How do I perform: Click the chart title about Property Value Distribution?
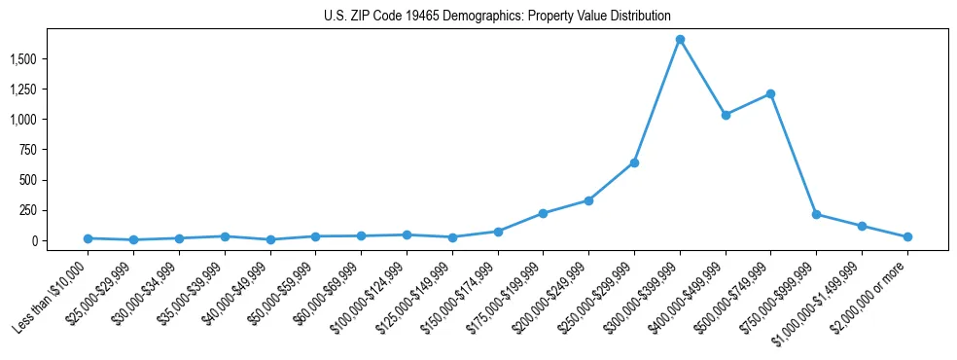tap(497, 16)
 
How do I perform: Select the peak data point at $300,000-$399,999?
tap(680, 40)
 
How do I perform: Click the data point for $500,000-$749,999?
tap(770, 94)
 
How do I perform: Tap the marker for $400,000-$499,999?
tap(726, 115)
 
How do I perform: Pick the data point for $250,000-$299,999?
tap(634, 162)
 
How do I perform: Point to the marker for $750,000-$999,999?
tap(816, 214)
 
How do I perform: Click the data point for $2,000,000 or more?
tap(907, 236)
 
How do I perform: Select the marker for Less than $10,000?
tap(88, 238)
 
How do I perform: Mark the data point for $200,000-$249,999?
tap(588, 200)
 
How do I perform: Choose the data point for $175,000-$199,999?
tap(543, 213)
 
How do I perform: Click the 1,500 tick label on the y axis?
tap(49, 59)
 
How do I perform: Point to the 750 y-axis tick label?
tap(56, 150)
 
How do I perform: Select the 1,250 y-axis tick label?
tap(49, 90)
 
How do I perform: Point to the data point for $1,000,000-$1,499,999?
tap(862, 226)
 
